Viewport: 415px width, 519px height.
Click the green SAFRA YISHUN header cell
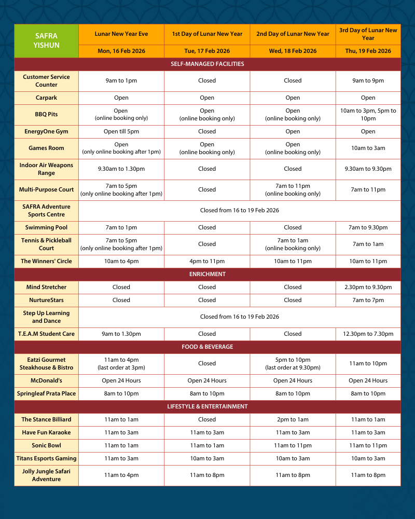point(47,41)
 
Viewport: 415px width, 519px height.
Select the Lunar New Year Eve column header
point(121,34)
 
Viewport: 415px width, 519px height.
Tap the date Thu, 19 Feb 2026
point(368,51)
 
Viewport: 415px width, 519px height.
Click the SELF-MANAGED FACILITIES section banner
point(207,64)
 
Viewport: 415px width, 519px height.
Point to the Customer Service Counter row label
point(46,80)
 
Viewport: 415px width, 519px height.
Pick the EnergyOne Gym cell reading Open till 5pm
point(121,131)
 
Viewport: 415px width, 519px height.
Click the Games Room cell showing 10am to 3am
point(368,148)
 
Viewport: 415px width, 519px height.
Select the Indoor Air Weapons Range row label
point(46,169)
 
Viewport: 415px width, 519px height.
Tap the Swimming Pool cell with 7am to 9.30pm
point(368,227)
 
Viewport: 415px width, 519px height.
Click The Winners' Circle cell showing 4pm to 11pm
point(207,261)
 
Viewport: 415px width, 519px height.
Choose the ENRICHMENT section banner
point(207,274)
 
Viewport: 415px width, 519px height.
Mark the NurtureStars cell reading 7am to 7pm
point(368,300)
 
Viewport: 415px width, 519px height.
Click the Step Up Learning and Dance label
point(46,317)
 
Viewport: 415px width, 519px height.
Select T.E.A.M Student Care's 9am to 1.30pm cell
point(121,334)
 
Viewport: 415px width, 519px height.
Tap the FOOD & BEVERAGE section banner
point(207,347)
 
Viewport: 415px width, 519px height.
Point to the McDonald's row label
point(46,380)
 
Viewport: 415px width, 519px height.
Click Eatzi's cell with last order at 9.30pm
point(293,363)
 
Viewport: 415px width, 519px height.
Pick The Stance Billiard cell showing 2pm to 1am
point(293,419)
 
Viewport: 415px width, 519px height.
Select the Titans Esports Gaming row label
point(46,458)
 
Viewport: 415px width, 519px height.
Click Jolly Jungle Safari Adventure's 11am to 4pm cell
point(121,475)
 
